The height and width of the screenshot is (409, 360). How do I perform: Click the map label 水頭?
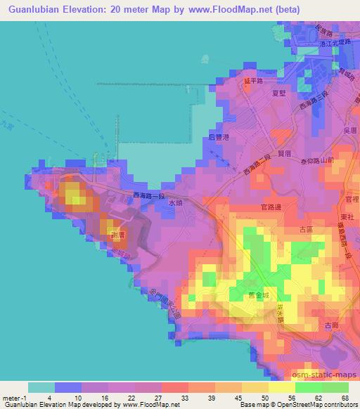tap(176, 201)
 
